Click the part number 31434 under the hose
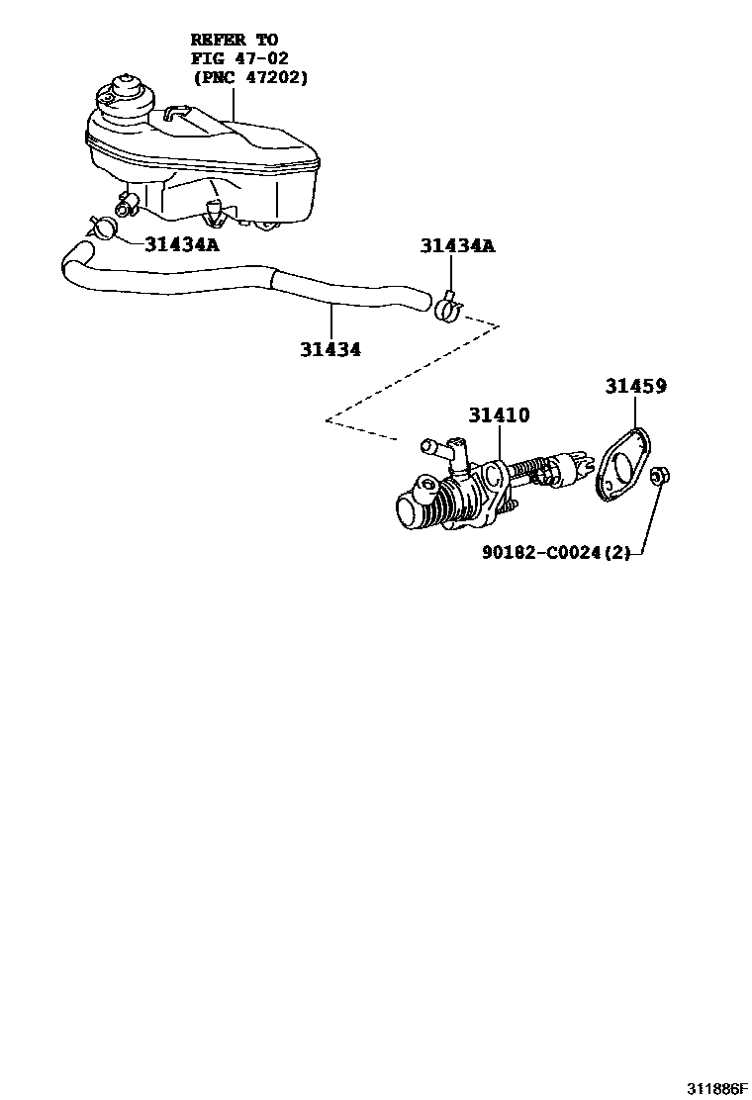330,349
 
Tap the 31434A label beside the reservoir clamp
181,244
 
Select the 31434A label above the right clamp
456,246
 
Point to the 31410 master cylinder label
499,415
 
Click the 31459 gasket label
635,387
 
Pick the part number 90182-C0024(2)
555,554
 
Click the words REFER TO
234,41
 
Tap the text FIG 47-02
240,58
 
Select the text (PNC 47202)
250,76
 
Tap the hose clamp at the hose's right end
447,308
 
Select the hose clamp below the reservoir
100,226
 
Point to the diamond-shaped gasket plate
620,464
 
